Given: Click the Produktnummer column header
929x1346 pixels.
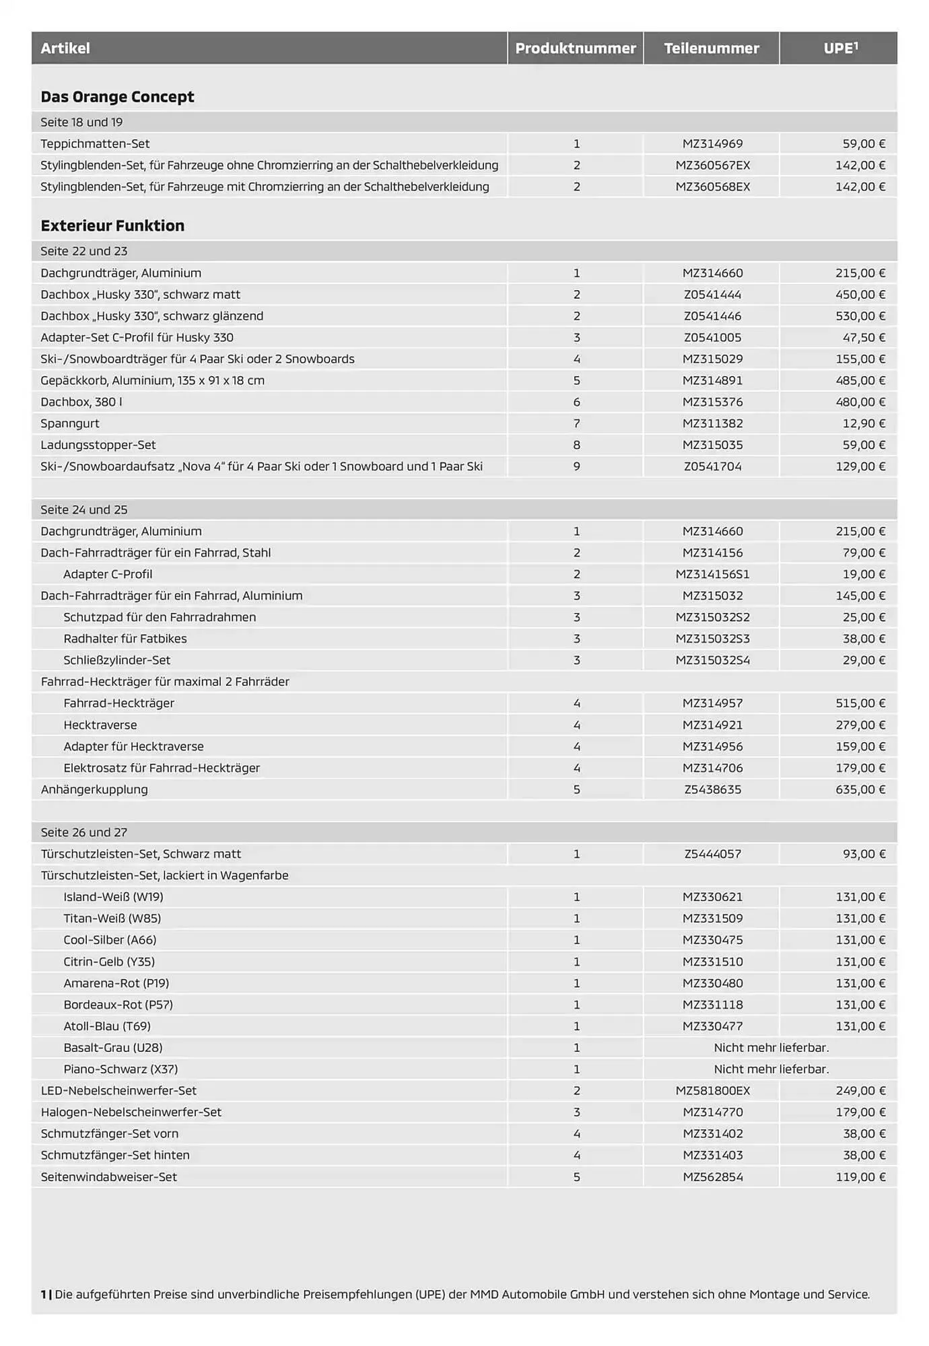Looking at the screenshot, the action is coord(576,48).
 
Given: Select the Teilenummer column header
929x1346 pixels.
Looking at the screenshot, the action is coord(712,48).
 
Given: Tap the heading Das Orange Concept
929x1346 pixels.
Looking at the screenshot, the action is coord(117,97).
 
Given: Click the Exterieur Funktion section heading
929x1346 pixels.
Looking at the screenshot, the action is coord(112,226).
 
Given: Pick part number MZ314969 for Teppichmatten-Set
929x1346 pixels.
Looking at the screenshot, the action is coord(712,144).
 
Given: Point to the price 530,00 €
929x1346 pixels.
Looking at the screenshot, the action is coord(860,316).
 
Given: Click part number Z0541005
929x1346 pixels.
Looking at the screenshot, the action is coord(712,338).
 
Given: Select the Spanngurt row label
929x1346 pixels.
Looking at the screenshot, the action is coord(70,424).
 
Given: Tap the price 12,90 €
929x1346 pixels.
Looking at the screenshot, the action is coord(864,424).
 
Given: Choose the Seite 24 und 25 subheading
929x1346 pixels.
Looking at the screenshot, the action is coord(84,510).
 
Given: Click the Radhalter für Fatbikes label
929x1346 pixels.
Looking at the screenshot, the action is coord(125,639).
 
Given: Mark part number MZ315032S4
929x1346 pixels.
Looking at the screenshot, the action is coord(712,660).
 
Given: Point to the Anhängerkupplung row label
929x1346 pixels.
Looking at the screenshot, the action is coord(94,789).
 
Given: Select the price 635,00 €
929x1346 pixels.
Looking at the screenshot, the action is coord(860,789).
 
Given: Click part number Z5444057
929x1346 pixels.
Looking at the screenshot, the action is coord(712,854).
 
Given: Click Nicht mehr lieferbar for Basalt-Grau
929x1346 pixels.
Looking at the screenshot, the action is coord(771,1048).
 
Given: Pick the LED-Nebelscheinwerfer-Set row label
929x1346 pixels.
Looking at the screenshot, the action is coord(118,1091).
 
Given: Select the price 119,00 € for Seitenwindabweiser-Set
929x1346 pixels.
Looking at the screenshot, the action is coord(860,1177).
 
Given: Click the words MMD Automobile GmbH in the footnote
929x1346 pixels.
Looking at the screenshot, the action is coord(538,1294).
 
